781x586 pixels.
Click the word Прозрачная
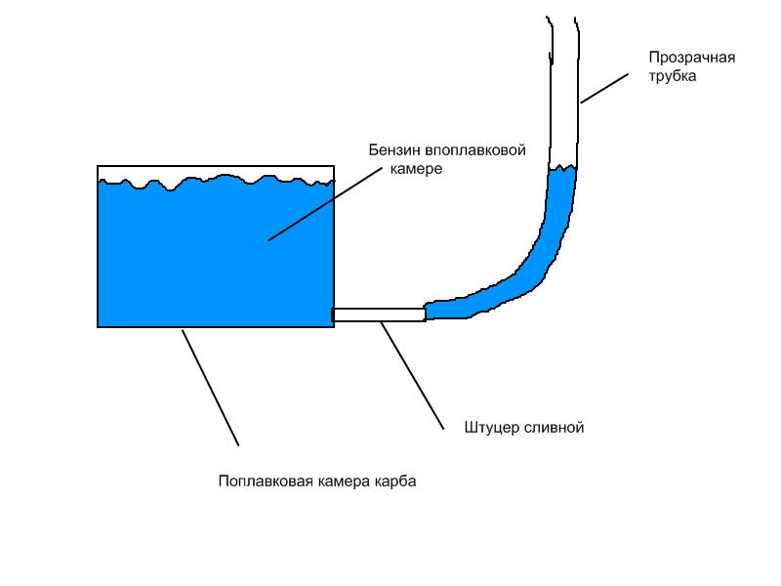click(x=691, y=58)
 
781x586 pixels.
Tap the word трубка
click(x=673, y=76)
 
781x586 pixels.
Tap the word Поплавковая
click(x=264, y=481)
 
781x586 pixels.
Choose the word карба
click(x=395, y=481)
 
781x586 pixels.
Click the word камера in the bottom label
click(x=343, y=481)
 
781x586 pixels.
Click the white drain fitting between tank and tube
click(x=379, y=314)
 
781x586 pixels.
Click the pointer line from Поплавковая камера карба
click(x=211, y=387)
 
